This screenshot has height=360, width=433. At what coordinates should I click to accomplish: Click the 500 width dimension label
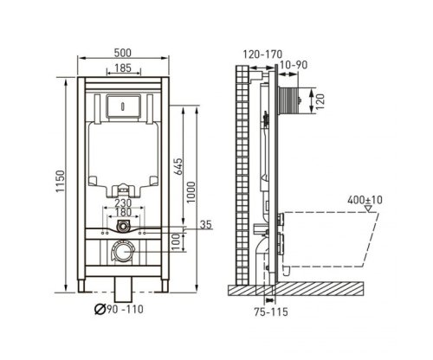pyautogui.click(x=123, y=53)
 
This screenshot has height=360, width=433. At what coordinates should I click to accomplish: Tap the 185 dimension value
pyautogui.click(x=123, y=68)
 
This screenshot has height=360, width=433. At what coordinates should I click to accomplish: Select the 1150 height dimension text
pyautogui.click(x=61, y=182)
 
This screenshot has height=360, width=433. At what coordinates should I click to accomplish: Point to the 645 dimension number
pyautogui.click(x=178, y=166)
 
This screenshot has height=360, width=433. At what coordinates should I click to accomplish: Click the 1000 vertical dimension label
pyautogui.click(x=191, y=192)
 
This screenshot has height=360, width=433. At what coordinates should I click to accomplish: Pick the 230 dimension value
pyautogui.click(x=123, y=202)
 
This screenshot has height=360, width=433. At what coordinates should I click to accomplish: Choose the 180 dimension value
pyautogui.click(x=123, y=212)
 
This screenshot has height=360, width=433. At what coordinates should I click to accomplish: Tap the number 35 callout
pyautogui.click(x=206, y=224)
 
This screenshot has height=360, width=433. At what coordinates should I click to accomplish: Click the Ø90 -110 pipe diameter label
pyautogui.click(x=119, y=309)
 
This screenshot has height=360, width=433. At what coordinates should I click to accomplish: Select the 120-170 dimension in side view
pyautogui.click(x=262, y=55)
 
